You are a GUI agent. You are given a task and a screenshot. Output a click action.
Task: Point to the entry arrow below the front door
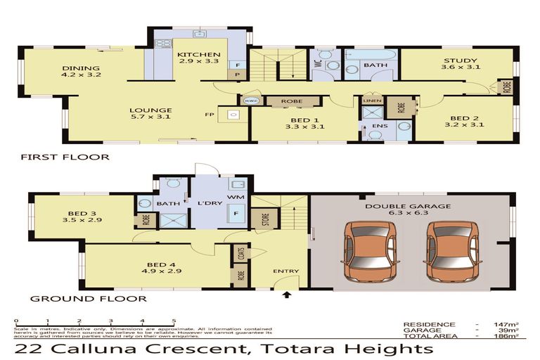(x=287, y=295)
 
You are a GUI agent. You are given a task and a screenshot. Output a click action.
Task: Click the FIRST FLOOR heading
(x=65, y=157)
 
